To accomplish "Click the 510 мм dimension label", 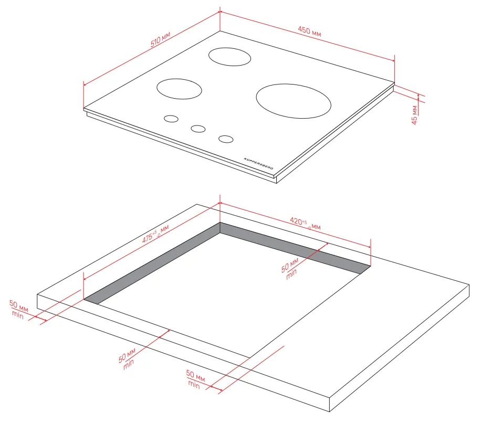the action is point(160,39).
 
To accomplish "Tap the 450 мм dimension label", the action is point(309,31).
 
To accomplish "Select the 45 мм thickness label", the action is point(414,115).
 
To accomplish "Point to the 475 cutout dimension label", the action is point(155,234).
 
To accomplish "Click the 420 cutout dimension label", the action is point(305,224).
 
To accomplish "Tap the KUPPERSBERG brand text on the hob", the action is point(258,164).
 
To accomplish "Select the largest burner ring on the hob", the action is point(294,101).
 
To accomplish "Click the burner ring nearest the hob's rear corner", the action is point(229,57).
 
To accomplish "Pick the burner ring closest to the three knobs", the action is point(179,89).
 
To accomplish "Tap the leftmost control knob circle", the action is point(171,119).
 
